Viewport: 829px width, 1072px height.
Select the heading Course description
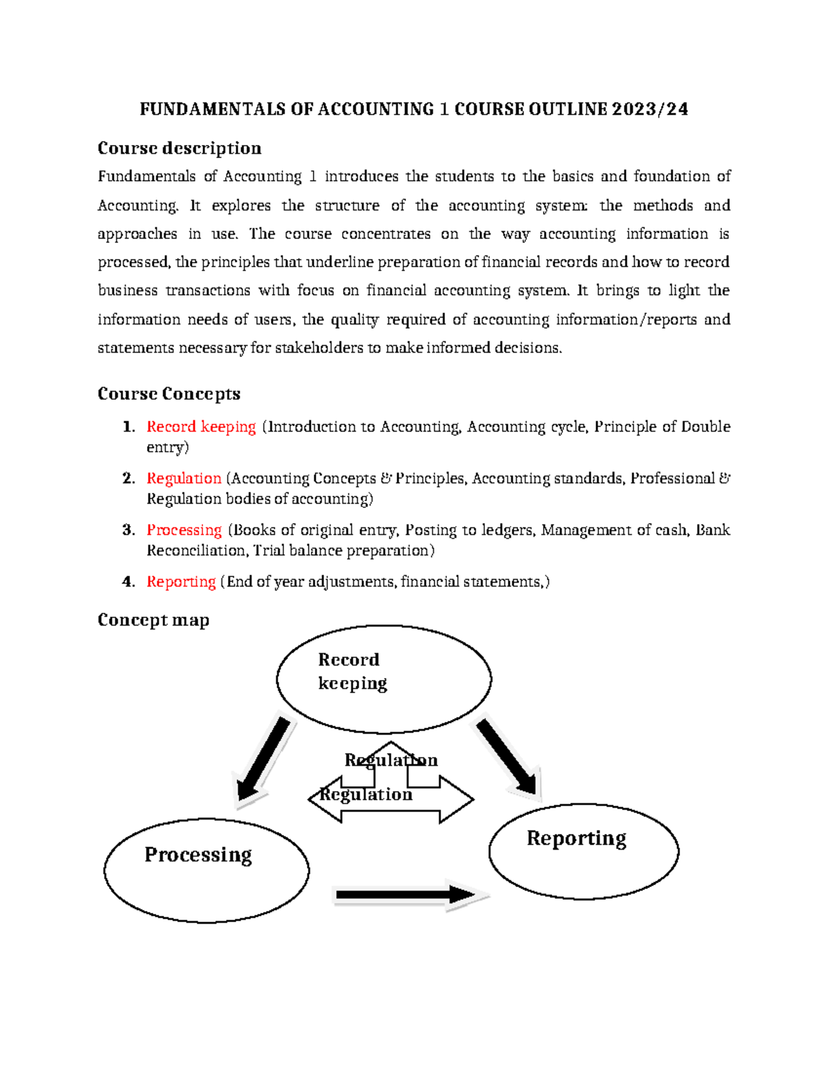coord(179,148)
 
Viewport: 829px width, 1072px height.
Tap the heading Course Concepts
coord(169,393)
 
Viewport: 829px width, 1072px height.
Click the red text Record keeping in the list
coord(201,427)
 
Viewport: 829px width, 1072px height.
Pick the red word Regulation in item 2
coord(184,478)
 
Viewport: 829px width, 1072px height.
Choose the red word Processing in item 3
coord(184,530)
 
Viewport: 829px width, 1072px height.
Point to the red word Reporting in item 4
coord(181,582)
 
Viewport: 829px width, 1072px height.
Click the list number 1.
coord(127,427)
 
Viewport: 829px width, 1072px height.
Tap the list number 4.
coord(127,582)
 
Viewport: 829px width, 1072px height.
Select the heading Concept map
coord(153,620)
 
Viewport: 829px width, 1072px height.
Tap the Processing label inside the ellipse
coord(198,855)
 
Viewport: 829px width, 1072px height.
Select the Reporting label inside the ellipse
coord(576,838)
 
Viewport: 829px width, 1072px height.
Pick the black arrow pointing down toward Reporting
coord(507,757)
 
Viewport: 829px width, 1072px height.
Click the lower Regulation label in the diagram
coord(366,795)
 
